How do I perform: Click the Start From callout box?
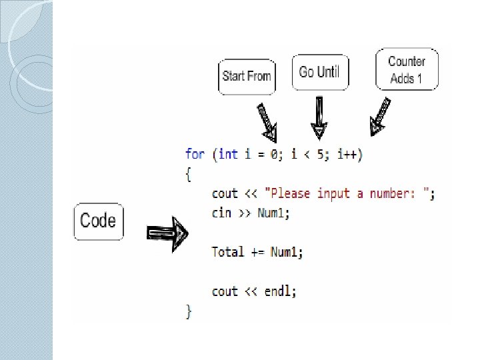point(247,76)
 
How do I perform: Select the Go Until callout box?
point(319,72)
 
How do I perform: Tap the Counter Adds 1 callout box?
point(407,69)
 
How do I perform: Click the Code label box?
point(98,221)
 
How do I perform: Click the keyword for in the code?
point(195,154)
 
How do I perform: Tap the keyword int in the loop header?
point(228,154)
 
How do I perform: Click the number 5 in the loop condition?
point(321,154)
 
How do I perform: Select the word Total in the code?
point(228,252)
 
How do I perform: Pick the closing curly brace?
point(188,311)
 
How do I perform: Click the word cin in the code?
point(221,213)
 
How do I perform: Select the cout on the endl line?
point(225,291)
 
